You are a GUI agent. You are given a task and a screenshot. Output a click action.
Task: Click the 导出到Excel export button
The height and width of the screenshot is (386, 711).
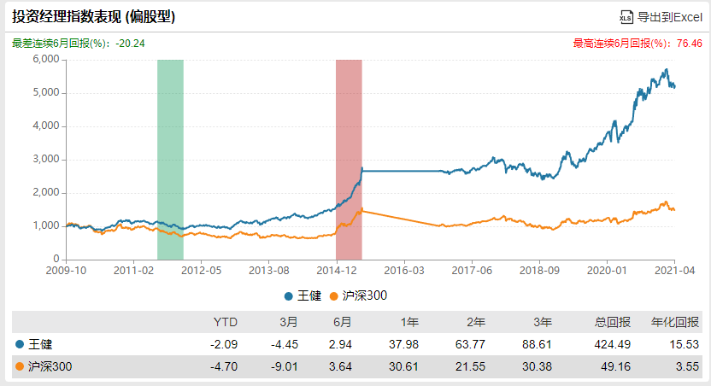point(661,17)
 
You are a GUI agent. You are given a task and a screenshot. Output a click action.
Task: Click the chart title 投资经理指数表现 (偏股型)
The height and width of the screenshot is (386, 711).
point(93,17)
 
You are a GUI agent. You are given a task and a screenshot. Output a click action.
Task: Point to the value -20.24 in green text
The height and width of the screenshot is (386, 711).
point(130,44)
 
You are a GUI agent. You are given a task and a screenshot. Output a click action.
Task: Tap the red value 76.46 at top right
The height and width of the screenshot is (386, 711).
point(690,44)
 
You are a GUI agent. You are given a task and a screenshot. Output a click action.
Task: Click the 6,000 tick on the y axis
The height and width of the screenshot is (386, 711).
point(46,59)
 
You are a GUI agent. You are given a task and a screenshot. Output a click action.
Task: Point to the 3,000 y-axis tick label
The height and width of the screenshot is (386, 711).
point(46,159)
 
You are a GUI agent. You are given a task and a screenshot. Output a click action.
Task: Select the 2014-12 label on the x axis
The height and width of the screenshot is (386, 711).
point(337,271)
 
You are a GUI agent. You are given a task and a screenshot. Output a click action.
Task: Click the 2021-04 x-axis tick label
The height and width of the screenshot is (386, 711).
point(675,271)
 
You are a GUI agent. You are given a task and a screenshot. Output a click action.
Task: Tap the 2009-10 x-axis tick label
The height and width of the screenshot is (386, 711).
point(66,271)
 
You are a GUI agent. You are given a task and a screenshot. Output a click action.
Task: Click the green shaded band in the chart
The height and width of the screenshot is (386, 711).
point(171,160)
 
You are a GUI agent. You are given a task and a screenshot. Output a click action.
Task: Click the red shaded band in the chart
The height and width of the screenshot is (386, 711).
point(350,160)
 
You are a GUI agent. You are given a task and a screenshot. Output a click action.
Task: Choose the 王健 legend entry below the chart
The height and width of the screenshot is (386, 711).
point(303,295)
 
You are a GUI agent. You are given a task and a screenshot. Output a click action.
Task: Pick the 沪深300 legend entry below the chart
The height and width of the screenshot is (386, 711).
point(358,295)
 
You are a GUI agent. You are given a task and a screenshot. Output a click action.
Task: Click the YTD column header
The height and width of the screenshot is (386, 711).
point(226,322)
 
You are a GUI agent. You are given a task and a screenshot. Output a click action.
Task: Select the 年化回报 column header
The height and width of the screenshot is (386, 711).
point(675,322)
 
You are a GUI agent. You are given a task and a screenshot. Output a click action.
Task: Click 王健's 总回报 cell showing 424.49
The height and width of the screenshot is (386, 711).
point(612,344)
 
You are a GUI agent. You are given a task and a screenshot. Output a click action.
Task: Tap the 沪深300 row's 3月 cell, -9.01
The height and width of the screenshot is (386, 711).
point(285,366)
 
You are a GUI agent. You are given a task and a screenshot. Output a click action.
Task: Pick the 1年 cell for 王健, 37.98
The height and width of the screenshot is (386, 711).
point(403,344)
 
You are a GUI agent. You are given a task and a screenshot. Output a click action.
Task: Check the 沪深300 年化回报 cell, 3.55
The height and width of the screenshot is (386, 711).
point(687,366)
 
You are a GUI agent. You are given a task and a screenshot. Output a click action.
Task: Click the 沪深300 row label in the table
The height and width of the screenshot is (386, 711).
point(44,366)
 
